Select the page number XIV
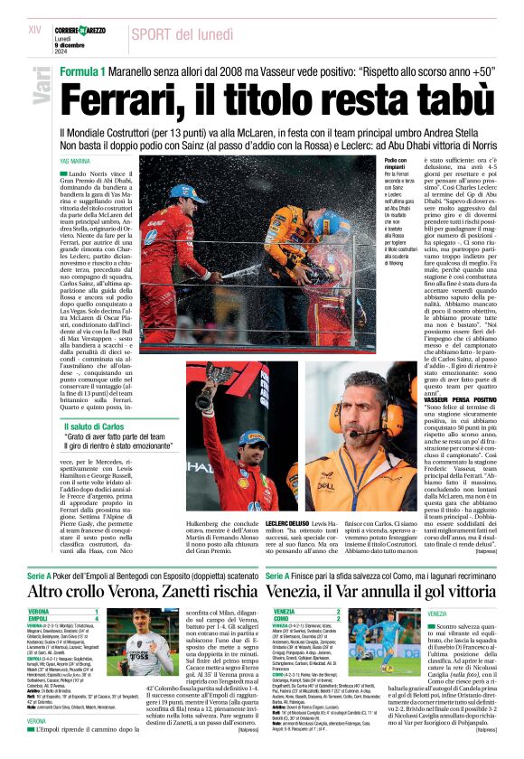[35, 30]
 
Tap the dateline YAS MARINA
[75, 161]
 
